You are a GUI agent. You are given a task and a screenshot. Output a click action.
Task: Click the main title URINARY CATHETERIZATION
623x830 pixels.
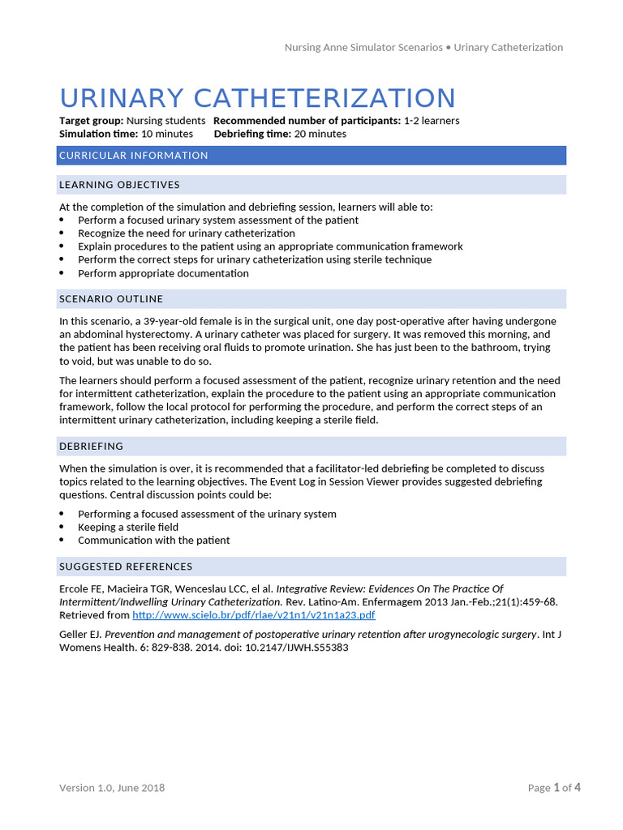[257, 98]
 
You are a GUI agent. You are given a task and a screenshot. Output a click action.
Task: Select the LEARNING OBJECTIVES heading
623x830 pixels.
[119, 185]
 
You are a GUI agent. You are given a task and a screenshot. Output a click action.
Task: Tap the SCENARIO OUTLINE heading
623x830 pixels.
[111, 299]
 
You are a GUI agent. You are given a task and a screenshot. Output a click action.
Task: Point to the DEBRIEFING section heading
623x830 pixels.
[92, 447]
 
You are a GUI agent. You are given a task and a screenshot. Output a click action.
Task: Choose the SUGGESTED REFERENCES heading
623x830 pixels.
[126, 567]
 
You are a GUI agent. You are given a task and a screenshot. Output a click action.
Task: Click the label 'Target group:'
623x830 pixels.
[92, 121]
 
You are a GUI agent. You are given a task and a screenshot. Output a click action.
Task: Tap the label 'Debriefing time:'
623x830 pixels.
[251, 134]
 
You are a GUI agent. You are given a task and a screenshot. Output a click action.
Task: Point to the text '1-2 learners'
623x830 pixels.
[432, 121]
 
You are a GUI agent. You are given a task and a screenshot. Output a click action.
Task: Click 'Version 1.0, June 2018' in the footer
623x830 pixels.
[112, 788]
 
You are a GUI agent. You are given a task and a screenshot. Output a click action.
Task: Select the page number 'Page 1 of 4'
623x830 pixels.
[554, 788]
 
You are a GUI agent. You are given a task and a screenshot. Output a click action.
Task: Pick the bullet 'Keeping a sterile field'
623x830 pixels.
[128, 527]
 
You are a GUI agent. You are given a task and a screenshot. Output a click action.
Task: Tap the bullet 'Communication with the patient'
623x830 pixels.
[154, 541]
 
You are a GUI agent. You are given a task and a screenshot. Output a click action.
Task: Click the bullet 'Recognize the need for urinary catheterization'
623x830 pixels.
[187, 233]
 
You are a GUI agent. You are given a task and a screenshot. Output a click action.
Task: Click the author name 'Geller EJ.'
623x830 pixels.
[80, 635]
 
